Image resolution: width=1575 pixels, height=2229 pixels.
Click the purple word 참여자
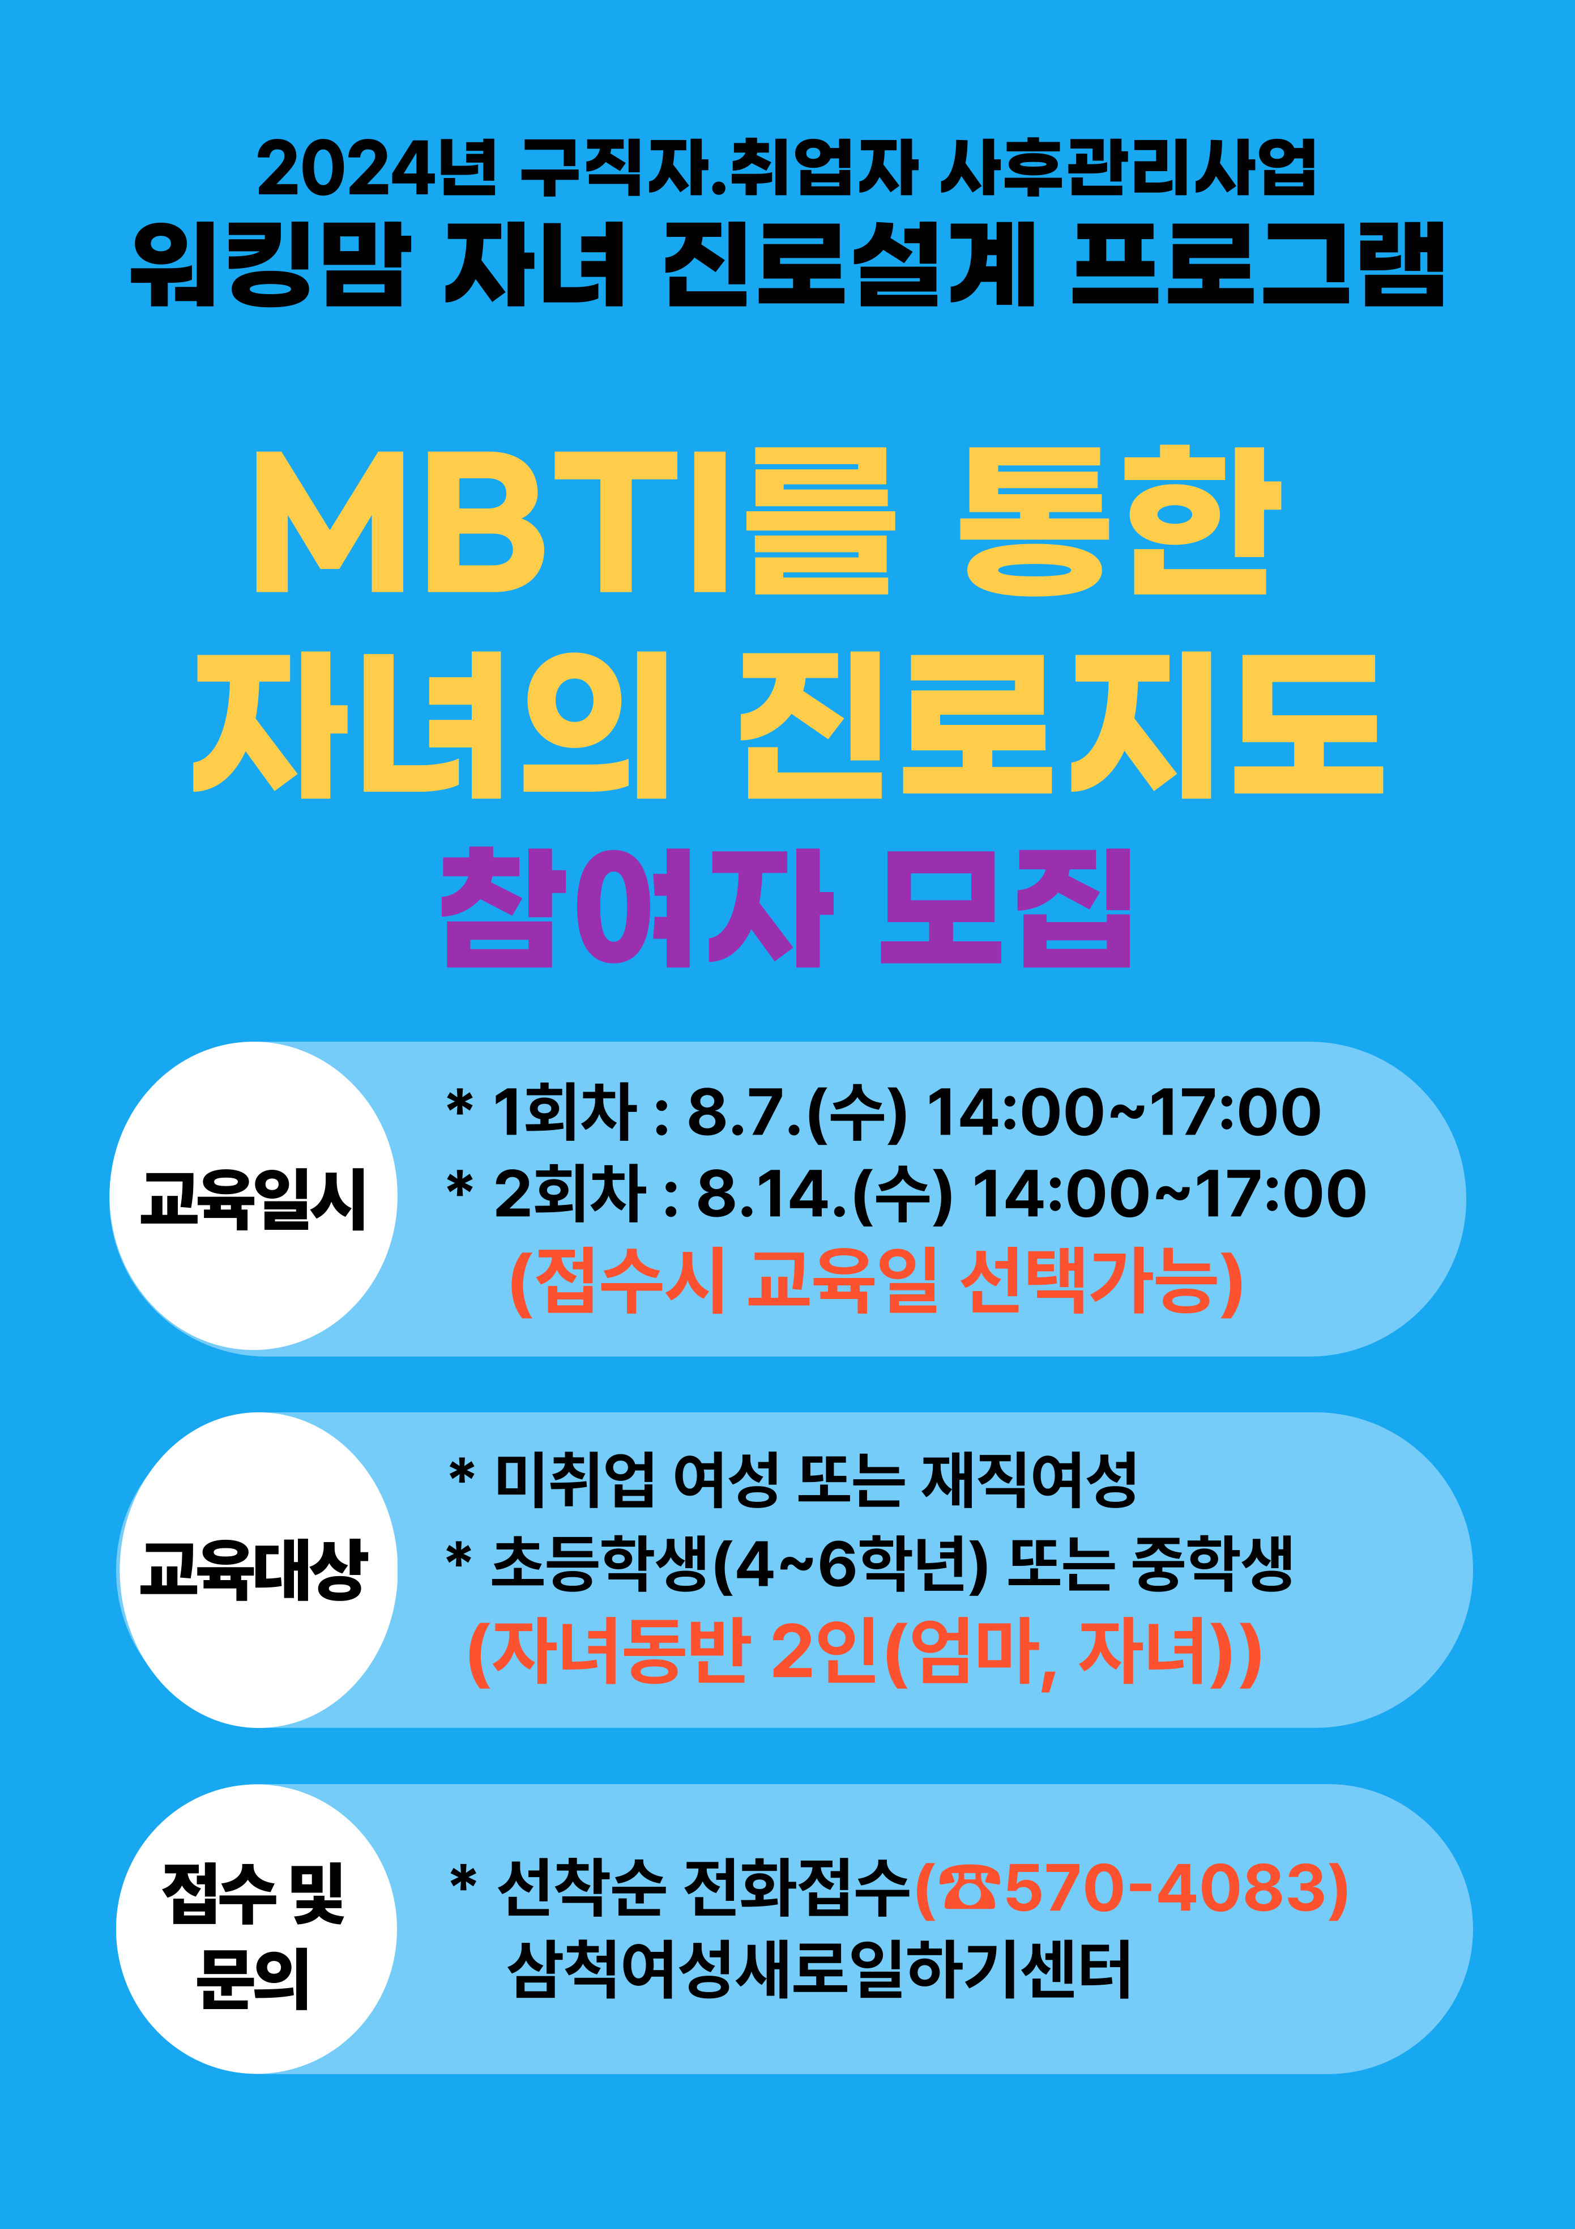tap(635, 908)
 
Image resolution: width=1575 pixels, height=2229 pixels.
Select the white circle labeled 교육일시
tap(254, 1196)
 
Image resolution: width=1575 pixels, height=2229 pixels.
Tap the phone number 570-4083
tap(1164, 1889)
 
